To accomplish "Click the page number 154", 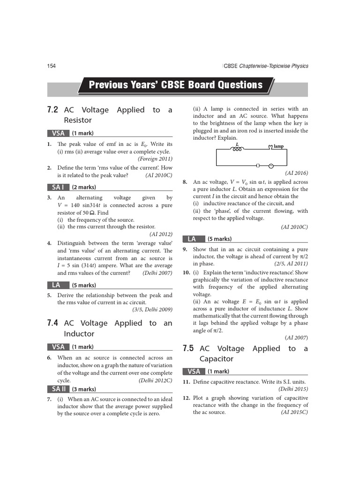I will click(52, 66).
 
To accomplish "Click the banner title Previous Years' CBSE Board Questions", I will click(176, 85).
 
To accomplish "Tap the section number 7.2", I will click(52, 110).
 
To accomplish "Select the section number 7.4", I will click(52, 323).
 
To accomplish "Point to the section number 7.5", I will click(188, 348).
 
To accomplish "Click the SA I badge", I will click(58, 187).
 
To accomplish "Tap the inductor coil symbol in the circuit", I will click(237, 149).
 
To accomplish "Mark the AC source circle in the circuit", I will click(270, 165).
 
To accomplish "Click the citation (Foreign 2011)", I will click(155, 159).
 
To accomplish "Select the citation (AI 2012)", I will click(161, 234).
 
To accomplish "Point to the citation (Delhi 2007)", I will click(157, 273).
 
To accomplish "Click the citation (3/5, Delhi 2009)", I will click(152, 309).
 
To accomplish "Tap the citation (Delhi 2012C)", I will click(156, 381).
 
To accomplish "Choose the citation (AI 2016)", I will click(296, 173).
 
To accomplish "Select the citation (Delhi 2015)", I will click(293, 389).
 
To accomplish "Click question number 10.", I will click(186, 272).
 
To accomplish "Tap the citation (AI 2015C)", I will click(294, 412).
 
